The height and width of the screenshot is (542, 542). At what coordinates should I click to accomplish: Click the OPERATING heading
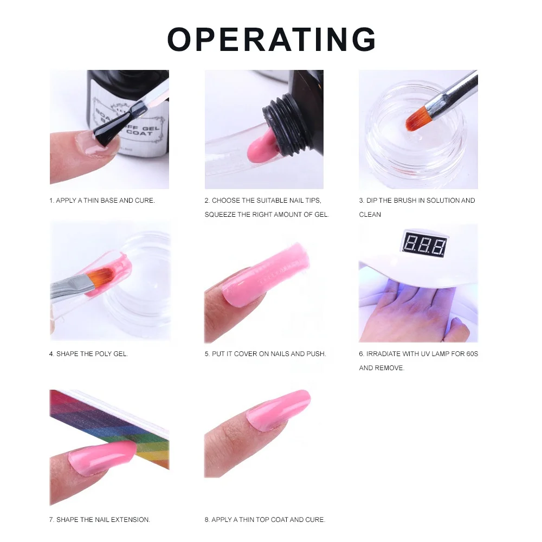[x=272, y=40]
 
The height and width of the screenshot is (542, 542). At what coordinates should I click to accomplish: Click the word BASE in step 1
[x=108, y=201]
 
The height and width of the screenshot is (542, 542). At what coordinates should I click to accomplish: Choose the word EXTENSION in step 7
[x=131, y=520]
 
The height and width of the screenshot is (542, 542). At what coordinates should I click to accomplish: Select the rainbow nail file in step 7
[x=108, y=423]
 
